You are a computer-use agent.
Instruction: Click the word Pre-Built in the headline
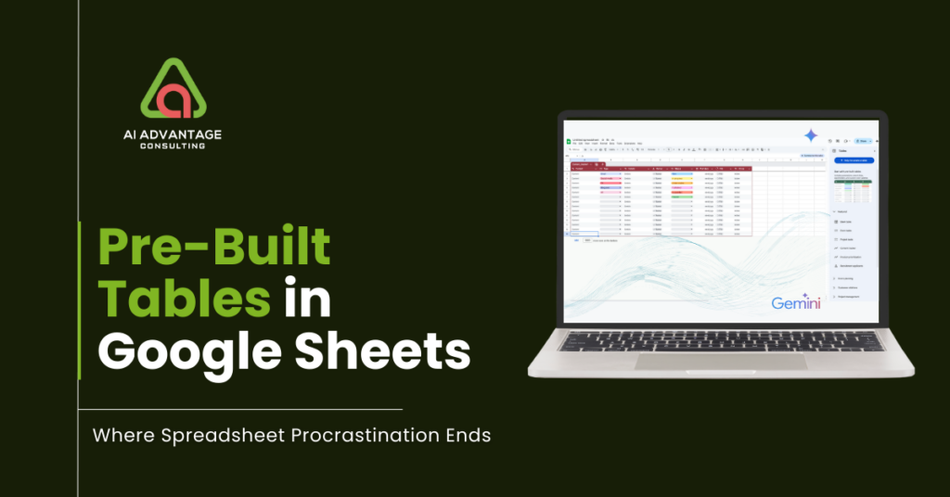tap(214, 248)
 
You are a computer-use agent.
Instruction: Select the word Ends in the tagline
tap(467, 435)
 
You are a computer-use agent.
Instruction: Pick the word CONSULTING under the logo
tap(173, 146)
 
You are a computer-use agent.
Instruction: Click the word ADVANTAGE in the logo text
tap(183, 134)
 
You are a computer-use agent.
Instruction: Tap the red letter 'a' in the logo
tap(173, 100)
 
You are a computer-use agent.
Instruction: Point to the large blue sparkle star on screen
tap(810, 135)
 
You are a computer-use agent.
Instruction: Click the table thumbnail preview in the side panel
tap(854, 191)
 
